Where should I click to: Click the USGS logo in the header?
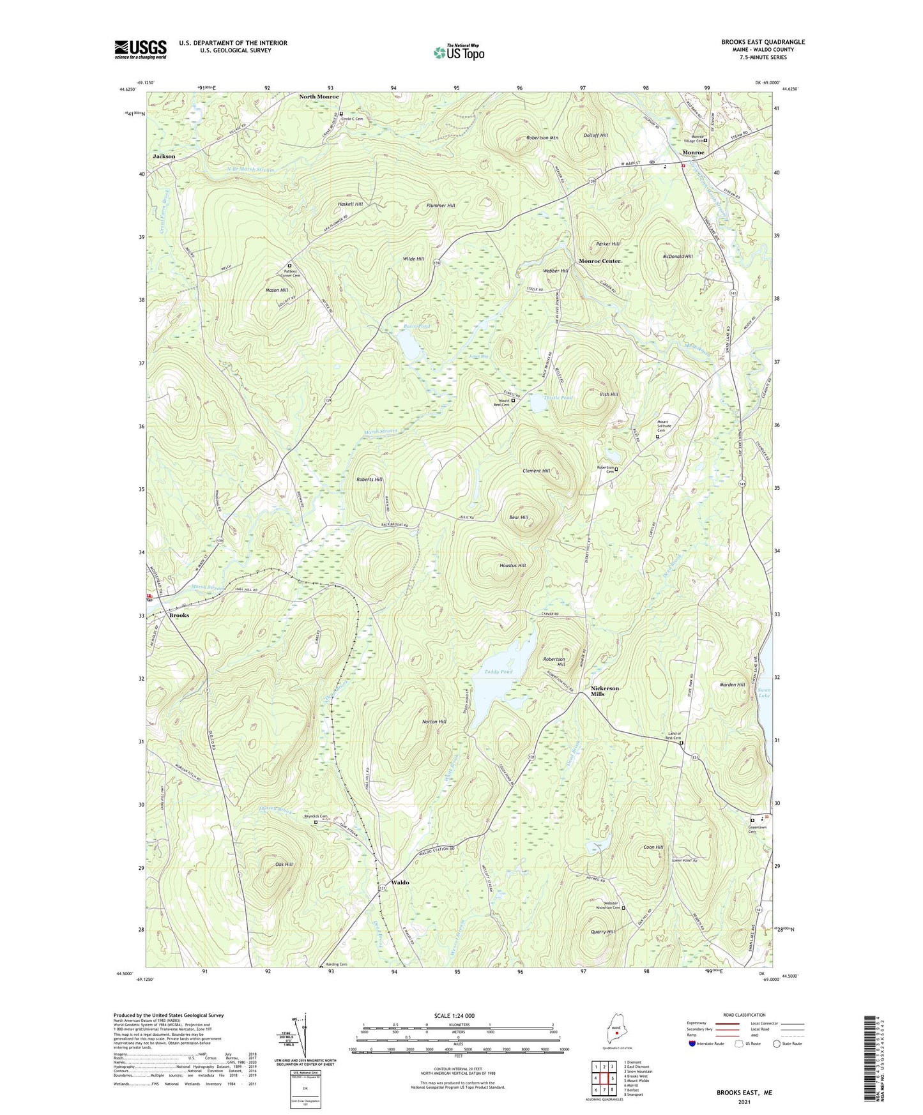coord(141,49)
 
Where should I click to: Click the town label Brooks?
coord(179,615)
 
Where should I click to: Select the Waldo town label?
coord(400,882)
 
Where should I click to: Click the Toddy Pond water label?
coord(498,672)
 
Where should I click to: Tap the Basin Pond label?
coord(416,326)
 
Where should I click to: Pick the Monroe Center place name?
coord(599,261)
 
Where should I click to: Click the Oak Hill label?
coord(284,864)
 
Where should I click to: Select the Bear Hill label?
coord(518,517)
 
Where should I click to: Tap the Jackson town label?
coord(164,156)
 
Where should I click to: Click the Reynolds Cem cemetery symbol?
coord(316,823)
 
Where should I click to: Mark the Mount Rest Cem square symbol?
coord(513,400)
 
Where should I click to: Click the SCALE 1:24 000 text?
coord(454,1016)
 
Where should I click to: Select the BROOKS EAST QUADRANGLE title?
coord(763,42)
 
